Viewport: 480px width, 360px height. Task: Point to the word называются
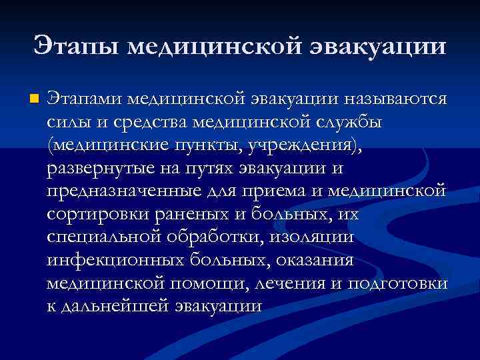(393, 99)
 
